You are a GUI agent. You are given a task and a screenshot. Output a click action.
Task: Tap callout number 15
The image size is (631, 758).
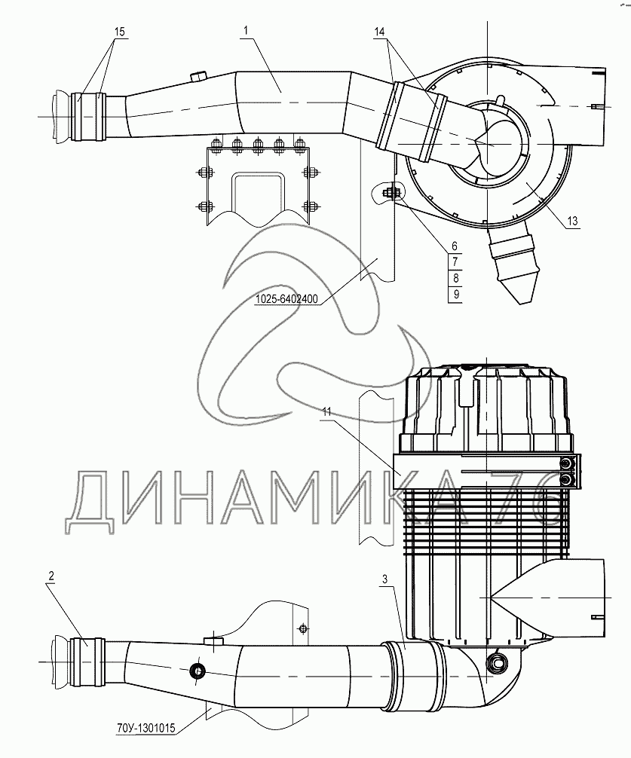pyautogui.click(x=119, y=32)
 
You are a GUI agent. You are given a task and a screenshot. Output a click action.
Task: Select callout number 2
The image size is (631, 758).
pyautogui.click(x=52, y=576)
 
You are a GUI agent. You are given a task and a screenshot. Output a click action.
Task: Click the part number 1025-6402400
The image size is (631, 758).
pyautogui.click(x=286, y=299)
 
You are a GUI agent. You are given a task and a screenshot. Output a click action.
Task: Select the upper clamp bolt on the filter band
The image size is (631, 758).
pyautogui.click(x=565, y=465)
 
